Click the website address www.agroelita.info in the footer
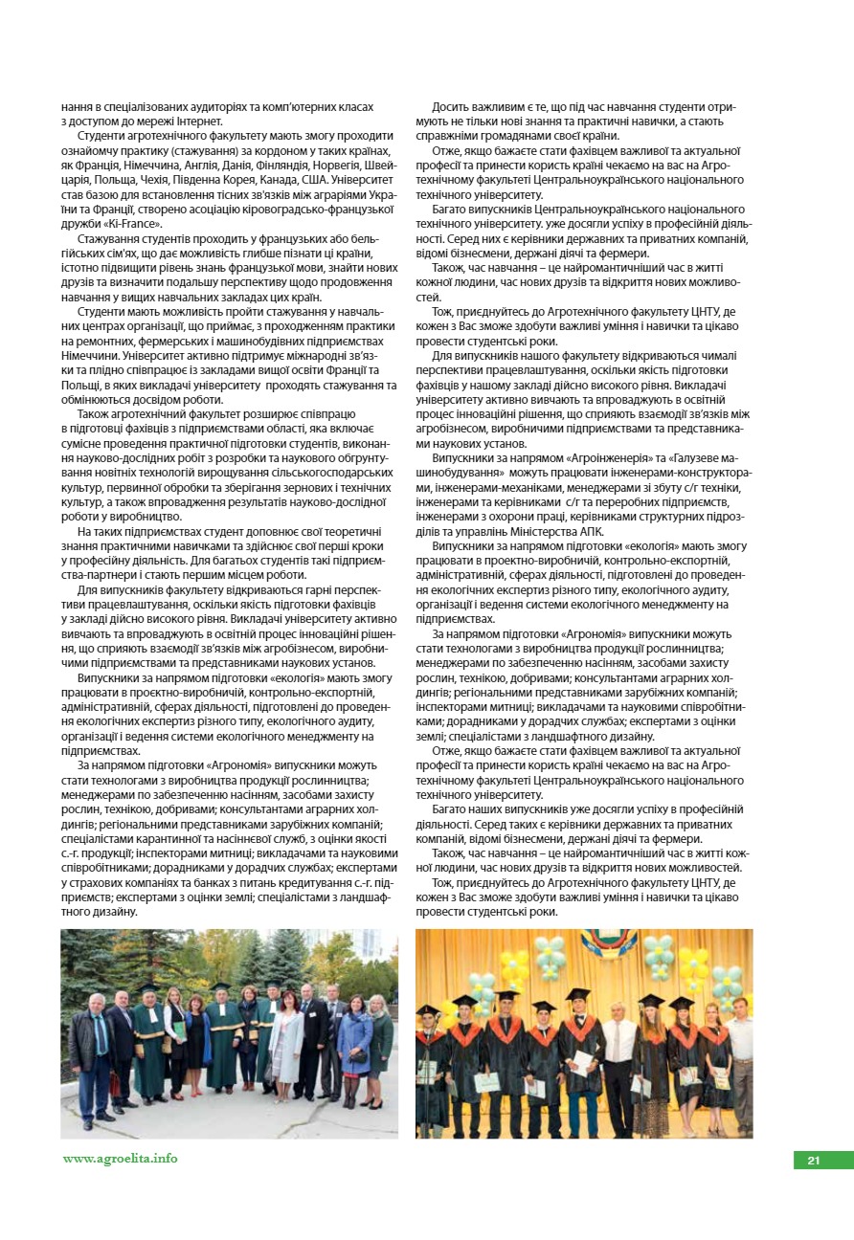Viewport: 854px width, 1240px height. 120,1158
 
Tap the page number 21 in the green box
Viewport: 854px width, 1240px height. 814,1161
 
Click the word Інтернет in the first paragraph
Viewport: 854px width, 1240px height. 199,122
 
